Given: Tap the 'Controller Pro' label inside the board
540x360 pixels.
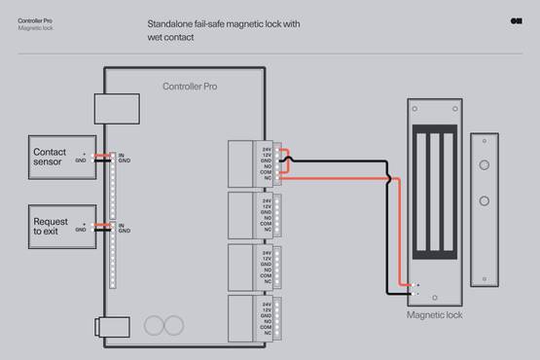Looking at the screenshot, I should (190, 87).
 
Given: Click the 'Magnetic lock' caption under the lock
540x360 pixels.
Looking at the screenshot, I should (434, 314).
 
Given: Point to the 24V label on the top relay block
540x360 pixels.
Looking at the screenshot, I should (267, 148).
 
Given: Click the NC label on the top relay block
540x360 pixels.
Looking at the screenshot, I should (267, 178).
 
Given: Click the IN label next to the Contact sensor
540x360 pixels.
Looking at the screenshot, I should (121, 155).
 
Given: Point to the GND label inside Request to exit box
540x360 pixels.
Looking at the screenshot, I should (81, 230).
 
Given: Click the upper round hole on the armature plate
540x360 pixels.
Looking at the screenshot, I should (484, 165).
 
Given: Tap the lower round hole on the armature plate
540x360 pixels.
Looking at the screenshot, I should (484, 201).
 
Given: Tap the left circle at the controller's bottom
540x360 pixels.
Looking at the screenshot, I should (154, 325).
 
